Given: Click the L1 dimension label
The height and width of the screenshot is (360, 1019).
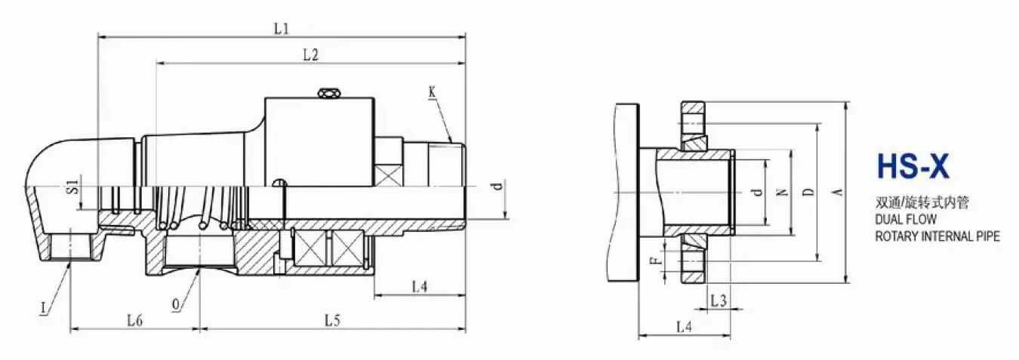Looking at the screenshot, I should [282, 28].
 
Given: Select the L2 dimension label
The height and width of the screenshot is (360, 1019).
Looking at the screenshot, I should [310, 54].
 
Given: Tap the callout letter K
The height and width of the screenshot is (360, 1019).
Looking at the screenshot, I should [432, 92].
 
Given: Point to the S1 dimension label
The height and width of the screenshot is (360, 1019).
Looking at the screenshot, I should [72, 186].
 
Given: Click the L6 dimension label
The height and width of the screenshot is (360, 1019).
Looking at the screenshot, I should [135, 320].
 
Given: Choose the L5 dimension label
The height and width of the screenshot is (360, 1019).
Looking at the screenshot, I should [333, 320].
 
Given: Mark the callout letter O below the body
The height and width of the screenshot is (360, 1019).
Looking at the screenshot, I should [176, 305].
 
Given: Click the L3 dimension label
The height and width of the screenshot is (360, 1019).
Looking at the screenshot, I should [719, 300].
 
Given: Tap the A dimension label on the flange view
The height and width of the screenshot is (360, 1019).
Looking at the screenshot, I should [836, 192].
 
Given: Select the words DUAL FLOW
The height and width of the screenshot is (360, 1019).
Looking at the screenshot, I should [906, 220].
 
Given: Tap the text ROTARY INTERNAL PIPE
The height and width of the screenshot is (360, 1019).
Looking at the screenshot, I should [937, 236].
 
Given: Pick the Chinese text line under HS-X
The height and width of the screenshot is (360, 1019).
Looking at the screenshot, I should [922, 202].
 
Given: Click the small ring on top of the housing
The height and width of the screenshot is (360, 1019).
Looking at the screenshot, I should [328, 93].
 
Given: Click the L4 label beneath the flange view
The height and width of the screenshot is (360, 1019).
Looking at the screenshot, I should [684, 327].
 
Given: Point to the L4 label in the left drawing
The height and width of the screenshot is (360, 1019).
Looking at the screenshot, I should [420, 286].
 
